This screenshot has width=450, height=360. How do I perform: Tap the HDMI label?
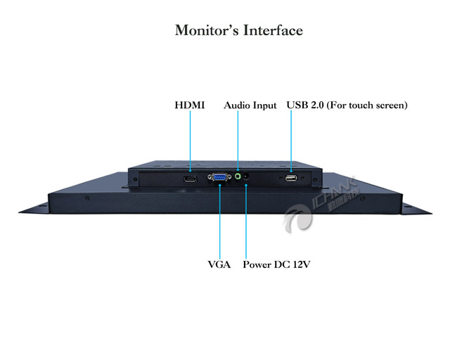[x=190, y=105]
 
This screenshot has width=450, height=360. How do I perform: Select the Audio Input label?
[x=250, y=105]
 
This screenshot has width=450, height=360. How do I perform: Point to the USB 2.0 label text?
[x=302, y=105]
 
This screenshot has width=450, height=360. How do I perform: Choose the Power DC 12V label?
[x=277, y=265]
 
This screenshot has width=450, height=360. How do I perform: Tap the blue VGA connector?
[x=219, y=179]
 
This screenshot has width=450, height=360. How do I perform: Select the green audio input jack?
[x=238, y=177]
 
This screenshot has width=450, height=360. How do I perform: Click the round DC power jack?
[x=245, y=190]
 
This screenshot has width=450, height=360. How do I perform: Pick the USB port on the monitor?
[x=291, y=179]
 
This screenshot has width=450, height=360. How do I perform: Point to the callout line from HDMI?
[x=190, y=144]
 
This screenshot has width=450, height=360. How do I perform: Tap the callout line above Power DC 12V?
[x=245, y=225]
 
